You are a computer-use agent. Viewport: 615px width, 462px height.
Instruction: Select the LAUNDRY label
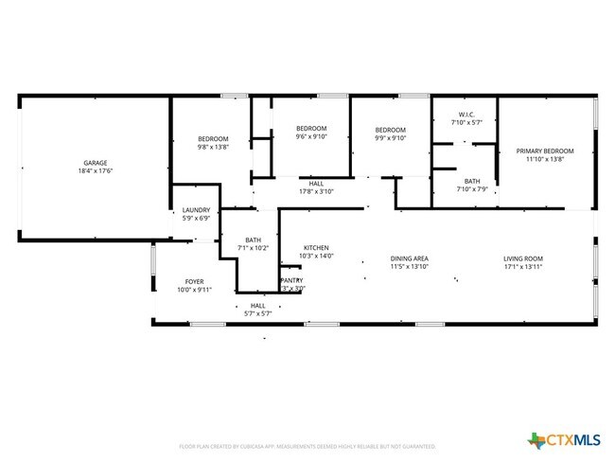tap(196, 209)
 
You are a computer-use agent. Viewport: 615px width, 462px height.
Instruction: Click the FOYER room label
tap(194, 281)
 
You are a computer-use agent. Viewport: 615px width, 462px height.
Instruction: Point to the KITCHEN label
tap(316, 247)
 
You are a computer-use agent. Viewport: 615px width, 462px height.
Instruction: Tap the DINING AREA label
tap(410, 258)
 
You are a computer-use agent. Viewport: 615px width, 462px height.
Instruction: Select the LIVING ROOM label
tap(522, 258)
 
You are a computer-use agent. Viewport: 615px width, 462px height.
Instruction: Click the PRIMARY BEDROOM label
tap(545, 151)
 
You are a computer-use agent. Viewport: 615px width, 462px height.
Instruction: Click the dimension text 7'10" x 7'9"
tap(472, 189)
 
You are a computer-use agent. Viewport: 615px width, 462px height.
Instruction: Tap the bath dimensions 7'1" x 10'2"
tap(254, 248)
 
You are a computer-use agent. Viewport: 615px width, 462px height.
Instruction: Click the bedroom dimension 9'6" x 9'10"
tap(311, 136)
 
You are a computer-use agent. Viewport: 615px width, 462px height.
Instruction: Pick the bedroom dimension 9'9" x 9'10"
tap(390, 137)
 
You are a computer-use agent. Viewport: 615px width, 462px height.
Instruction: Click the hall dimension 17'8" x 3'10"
tap(317, 190)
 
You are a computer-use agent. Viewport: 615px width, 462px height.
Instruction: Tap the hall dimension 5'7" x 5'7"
tap(257, 312)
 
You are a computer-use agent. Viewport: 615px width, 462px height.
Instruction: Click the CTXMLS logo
tap(565, 439)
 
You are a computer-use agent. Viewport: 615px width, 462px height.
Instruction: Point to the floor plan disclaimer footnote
tap(307, 445)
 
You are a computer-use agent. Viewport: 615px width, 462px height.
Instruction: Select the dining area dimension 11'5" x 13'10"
tap(410, 267)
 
